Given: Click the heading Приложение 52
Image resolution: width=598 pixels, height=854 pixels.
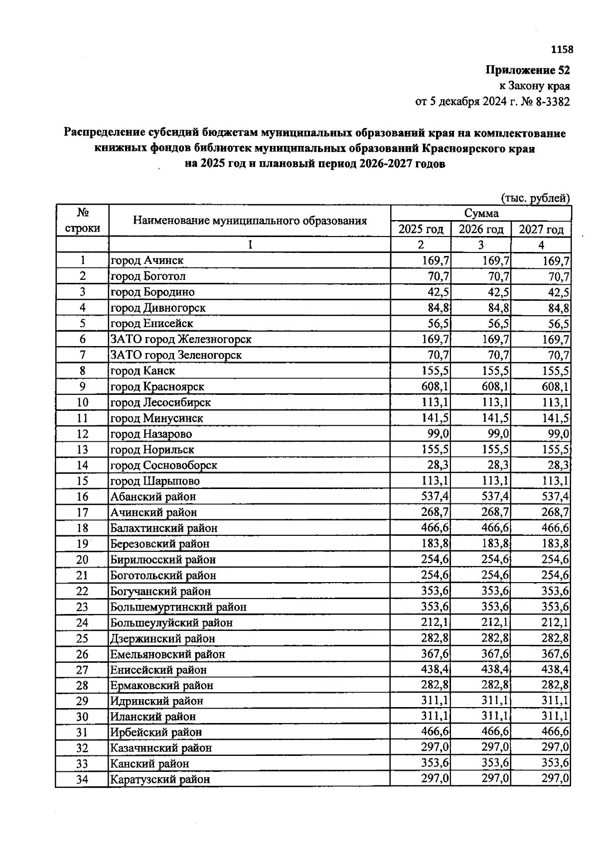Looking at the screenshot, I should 528,70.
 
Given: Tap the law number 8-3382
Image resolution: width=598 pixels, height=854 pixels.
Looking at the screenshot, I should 552,102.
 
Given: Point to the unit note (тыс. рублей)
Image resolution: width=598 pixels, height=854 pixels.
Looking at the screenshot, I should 535,198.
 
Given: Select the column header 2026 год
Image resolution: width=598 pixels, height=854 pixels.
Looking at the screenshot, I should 481,229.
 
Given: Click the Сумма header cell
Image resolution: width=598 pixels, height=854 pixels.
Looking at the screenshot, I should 481,213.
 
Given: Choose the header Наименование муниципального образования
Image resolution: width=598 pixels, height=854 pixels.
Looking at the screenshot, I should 250,221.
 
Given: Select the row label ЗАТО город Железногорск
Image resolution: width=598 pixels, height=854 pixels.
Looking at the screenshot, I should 181,339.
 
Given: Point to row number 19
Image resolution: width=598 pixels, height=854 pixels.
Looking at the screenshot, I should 82,544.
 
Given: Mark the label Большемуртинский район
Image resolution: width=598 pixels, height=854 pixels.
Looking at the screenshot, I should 178,607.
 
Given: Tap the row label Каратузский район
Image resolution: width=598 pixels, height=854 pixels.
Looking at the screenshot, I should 160,779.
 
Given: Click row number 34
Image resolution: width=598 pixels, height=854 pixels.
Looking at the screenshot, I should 82,779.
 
